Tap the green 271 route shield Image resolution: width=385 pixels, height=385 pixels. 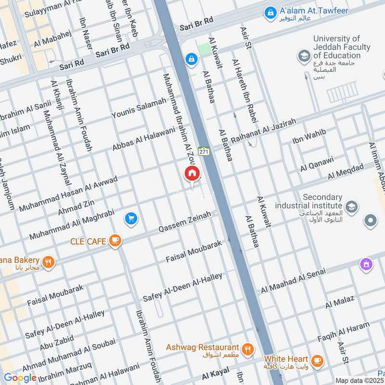coord(204,151)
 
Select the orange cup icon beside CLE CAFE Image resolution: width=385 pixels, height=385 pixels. coord(115,240)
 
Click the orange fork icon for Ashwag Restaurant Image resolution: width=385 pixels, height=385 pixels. coord(247,349)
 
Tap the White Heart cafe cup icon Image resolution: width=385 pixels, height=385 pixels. coord(317,360)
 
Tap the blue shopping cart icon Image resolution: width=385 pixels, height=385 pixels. coord(131,219)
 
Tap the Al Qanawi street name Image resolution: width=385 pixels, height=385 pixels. coord(317,164)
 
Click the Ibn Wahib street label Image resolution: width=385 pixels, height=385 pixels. coord(309,136)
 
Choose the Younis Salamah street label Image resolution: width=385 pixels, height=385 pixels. coord(139,108)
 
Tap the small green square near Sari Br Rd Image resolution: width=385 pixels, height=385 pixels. coord(204,49)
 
